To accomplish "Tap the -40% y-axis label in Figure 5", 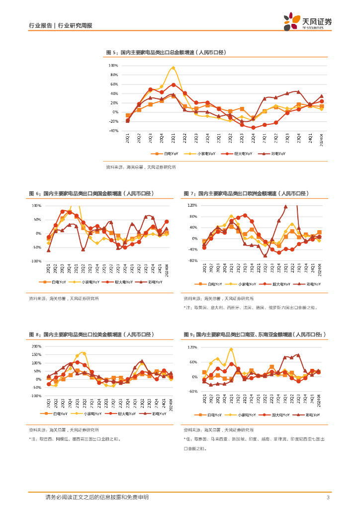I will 113,131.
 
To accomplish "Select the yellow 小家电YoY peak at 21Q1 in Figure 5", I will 173,68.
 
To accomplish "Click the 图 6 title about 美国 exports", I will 92,193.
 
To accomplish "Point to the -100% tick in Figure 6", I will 36,261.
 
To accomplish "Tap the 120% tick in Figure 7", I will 192,205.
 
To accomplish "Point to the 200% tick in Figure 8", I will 36,346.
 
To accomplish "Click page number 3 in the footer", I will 328,498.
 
